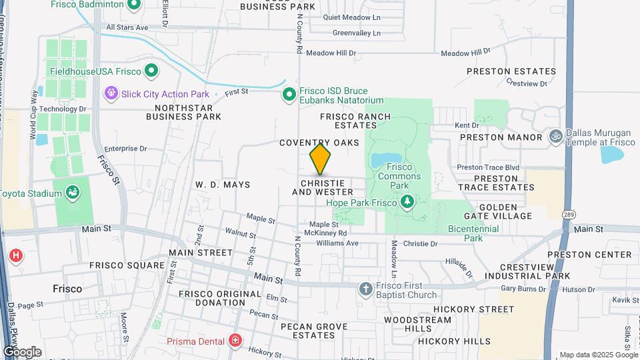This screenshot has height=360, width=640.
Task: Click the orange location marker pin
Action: pos(320,159)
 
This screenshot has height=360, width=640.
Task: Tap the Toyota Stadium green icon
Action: pos(73,194)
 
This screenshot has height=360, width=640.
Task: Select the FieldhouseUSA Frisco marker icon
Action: pos(151,70)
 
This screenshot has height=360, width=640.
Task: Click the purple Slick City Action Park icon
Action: pos(111,94)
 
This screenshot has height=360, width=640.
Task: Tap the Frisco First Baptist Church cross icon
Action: pos(365,289)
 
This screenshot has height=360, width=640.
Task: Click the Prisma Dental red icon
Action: pos(235,341)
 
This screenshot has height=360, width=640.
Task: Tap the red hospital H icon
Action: pos(15,255)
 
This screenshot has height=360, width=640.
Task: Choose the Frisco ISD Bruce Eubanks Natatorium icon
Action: pos(289,94)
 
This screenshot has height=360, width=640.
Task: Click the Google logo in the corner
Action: pos(22,351)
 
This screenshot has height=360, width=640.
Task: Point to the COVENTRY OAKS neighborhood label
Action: pos(319,143)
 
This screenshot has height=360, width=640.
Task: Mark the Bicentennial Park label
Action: pos(474,233)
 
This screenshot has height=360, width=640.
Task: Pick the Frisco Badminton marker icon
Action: pos(133,6)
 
